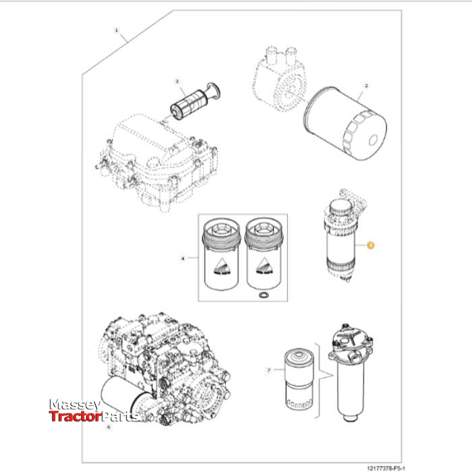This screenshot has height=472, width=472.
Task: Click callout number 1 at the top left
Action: tap(117, 31)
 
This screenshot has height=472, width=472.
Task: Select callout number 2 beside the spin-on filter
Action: tap(366, 86)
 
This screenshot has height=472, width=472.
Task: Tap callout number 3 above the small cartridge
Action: tap(177, 82)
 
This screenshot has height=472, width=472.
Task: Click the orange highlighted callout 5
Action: tap(370, 245)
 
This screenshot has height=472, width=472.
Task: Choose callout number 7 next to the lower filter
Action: tap(268, 370)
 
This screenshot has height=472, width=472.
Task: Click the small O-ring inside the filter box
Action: tap(263, 295)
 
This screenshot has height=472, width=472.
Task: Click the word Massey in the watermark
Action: tap(74, 405)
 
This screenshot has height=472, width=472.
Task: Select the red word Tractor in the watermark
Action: tap(73, 417)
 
